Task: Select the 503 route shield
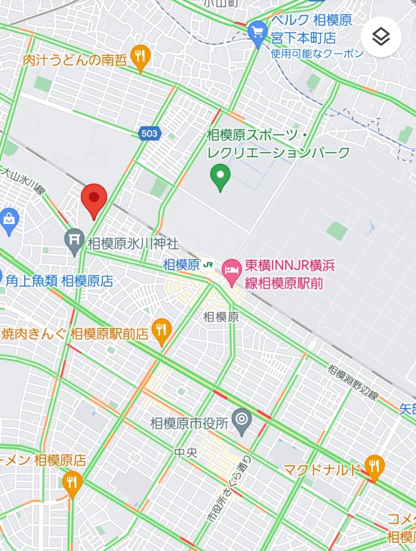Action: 149,133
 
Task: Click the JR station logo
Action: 208,264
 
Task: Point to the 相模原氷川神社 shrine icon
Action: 75,240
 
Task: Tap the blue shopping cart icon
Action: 258,33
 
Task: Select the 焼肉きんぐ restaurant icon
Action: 161,330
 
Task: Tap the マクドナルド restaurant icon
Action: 374,467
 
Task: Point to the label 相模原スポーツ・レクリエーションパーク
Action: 278,144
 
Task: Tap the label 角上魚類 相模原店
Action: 59,281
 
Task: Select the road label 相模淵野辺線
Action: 353,382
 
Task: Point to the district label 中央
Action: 186,452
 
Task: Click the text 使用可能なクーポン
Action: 317,54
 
